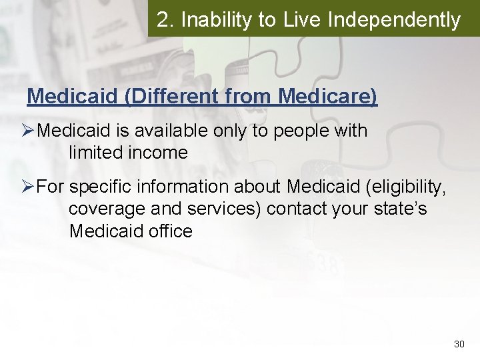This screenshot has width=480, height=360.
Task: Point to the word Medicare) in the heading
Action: (x=327, y=97)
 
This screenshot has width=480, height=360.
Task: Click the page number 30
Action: (x=459, y=344)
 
